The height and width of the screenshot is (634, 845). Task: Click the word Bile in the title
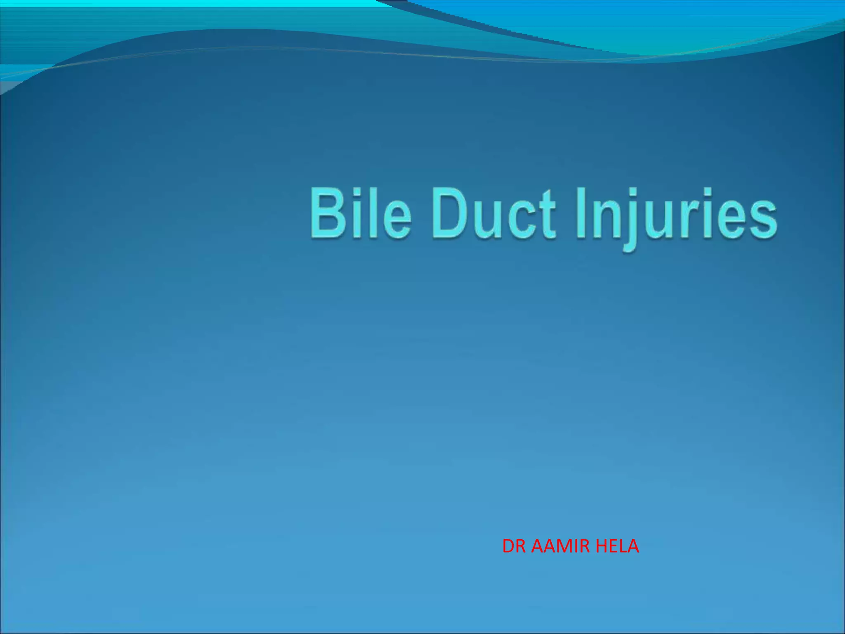click(360, 213)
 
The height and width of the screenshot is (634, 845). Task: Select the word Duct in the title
click(493, 213)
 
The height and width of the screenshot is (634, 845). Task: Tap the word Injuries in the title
click(676, 215)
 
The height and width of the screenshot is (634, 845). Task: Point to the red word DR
click(514, 546)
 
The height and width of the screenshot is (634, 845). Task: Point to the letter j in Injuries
click(627, 219)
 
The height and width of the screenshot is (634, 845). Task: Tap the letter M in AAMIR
click(567, 546)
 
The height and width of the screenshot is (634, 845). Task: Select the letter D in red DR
click(508, 546)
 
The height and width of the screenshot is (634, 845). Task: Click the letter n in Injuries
click(603, 219)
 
